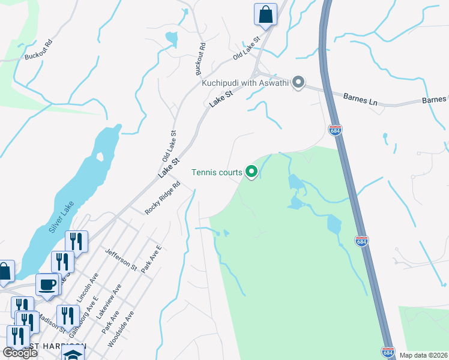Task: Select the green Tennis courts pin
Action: (252, 173)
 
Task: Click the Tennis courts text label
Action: (217, 173)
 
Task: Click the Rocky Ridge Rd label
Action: (163, 199)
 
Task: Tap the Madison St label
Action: (53, 323)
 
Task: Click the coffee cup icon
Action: (47, 284)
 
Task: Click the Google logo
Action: (20, 353)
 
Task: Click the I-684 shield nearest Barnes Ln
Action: (336, 130)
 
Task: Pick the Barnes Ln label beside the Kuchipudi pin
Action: (360, 98)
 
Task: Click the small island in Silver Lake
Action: (100, 157)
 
